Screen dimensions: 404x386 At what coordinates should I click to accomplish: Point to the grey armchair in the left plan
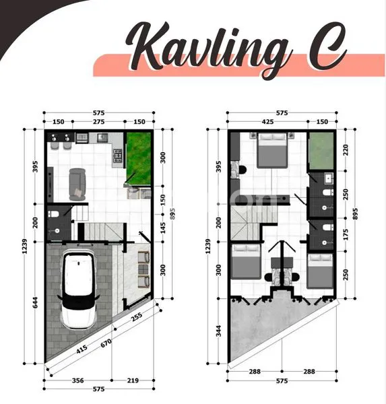(77, 182)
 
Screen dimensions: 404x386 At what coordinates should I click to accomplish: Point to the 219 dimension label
(133, 381)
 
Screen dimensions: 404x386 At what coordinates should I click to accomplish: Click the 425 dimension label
(267, 123)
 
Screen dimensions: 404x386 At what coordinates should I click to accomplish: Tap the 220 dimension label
(345, 149)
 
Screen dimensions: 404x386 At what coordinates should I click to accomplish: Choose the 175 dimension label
(345, 233)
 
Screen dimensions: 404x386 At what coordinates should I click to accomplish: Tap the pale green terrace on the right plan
(321, 151)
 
